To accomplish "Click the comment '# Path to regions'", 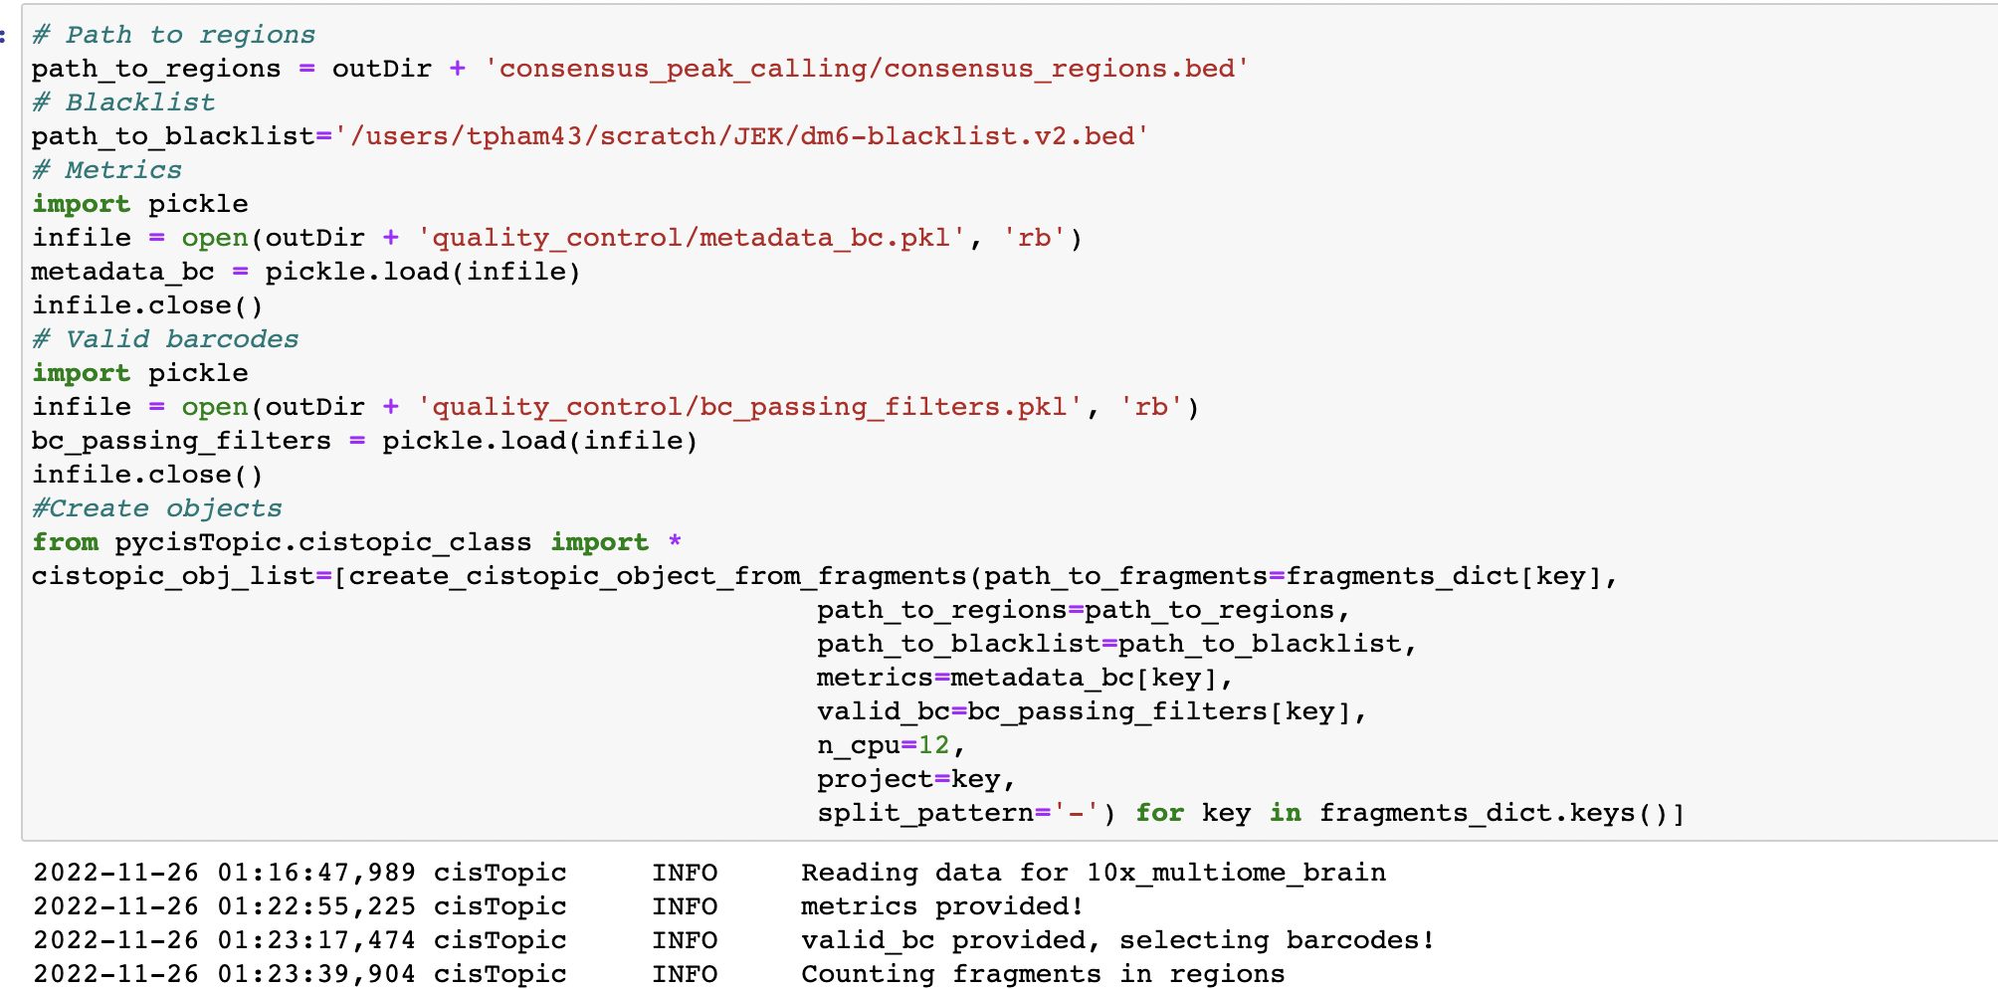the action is click(x=173, y=35).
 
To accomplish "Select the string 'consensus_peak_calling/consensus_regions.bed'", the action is click(x=866, y=69).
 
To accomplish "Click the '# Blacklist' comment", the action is click(x=123, y=102).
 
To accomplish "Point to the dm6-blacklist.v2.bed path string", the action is click(x=741, y=136).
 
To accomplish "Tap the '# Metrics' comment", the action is click(x=106, y=170).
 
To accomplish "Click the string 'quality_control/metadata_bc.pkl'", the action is click(x=691, y=238).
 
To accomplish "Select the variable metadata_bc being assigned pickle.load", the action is click(x=122, y=272).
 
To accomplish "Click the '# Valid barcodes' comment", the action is click(x=165, y=339).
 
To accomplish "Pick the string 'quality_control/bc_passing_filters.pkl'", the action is click(x=749, y=407).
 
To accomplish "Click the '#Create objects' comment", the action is click(x=156, y=508).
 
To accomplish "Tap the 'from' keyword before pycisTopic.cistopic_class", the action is click(x=65, y=542).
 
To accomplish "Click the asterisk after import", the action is click(x=675, y=542).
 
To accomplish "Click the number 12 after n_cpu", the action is click(x=933, y=745).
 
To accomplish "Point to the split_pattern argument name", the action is click(x=924, y=813).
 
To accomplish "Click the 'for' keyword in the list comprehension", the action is click(x=1159, y=813).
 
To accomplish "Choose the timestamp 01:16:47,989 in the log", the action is click(x=316, y=873).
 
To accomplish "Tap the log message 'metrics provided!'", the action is click(x=941, y=906).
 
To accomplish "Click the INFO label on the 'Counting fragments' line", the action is click(x=685, y=974).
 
